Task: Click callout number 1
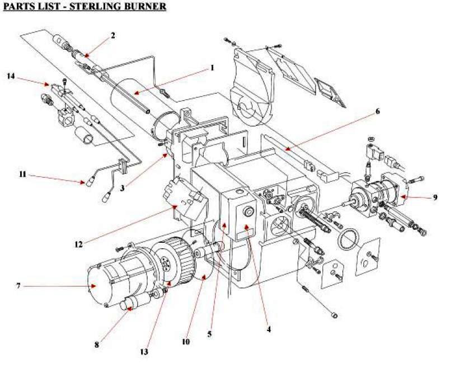(x=212, y=68)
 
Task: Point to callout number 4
(x=269, y=329)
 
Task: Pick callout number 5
(x=209, y=334)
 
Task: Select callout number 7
(x=18, y=286)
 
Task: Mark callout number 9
(x=435, y=197)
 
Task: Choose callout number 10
(x=185, y=342)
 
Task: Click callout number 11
(x=22, y=176)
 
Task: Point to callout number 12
(x=79, y=243)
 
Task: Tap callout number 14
(x=11, y=75)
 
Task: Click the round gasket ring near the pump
(x=349, y=240)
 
